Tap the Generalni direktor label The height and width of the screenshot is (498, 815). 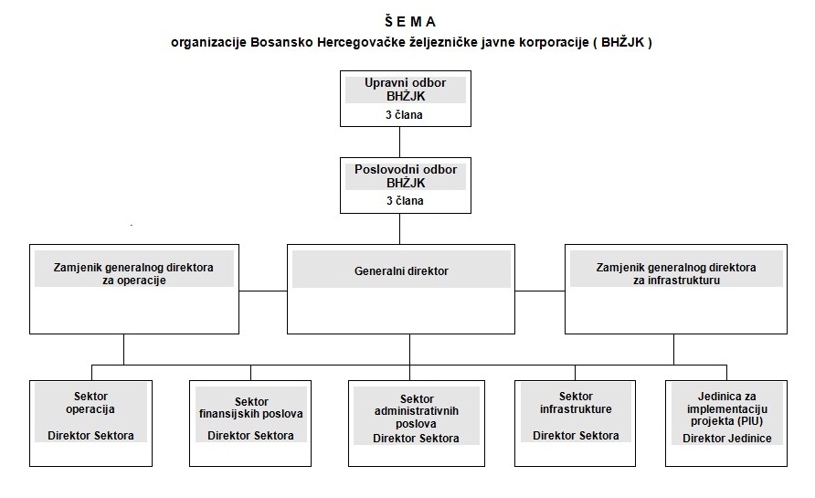click(x=401, y=271)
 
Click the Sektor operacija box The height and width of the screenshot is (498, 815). click(x=90, y=422)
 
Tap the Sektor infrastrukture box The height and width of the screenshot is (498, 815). click(x=576, y=422)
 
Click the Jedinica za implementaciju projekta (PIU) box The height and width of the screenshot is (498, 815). click(x=726, y=422)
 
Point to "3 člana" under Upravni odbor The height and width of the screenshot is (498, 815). click(x=404, y=116)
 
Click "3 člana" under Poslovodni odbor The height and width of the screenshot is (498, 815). click(x=404, y=201)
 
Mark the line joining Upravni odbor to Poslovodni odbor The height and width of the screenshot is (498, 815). click(x=399, y=141)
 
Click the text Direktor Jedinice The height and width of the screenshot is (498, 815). click(x=726, y=439)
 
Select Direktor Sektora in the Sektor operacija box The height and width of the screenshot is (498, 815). click(x=90, y=436)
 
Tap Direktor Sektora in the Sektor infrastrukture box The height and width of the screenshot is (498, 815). click(x=576, y=436)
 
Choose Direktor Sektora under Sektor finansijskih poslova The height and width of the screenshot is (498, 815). click(x=250, y=436)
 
